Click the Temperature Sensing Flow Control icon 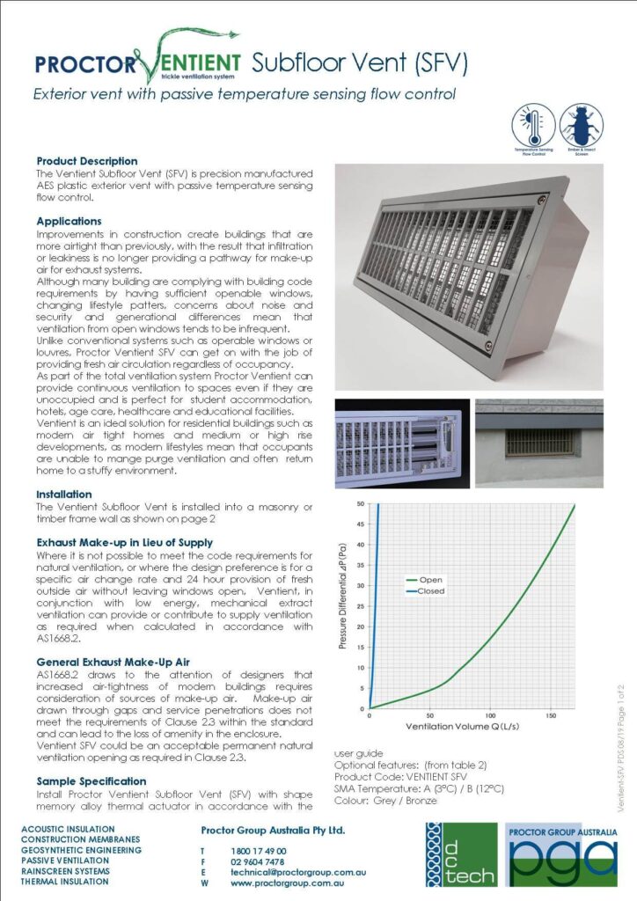533,126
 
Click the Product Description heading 87,161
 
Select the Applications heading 69,221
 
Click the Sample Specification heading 92,780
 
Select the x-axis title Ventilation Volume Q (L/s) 460,728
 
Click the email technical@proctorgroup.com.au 298,872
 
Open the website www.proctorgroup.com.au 286,883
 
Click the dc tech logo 460,854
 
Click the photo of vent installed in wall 538,443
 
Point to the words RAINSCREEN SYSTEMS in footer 66,871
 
